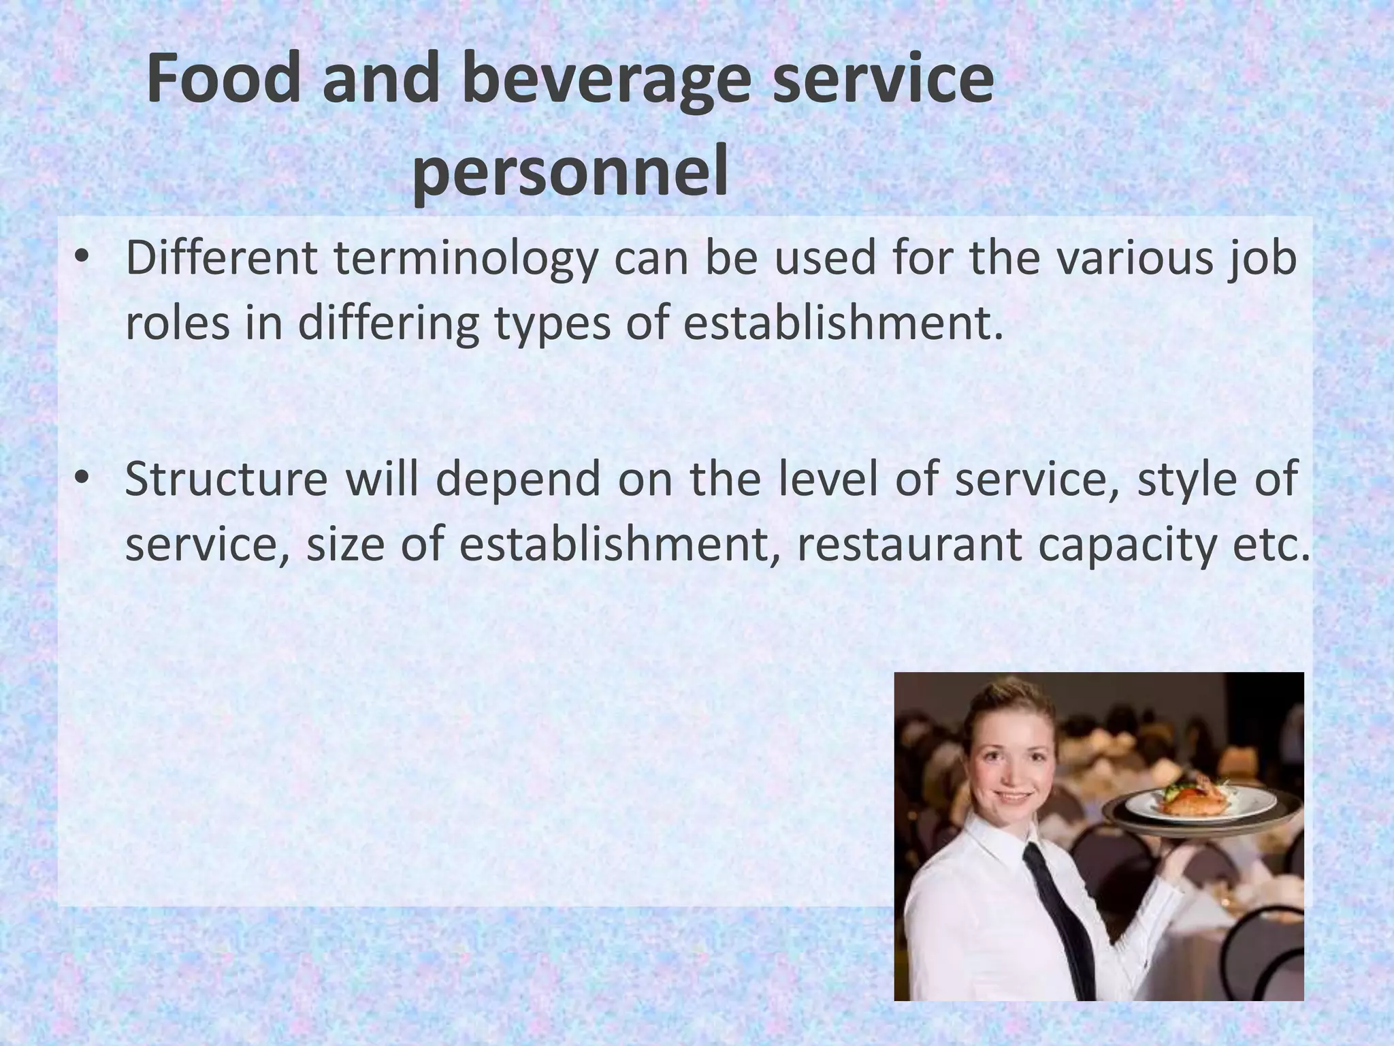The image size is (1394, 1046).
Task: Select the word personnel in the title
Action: [570, 173]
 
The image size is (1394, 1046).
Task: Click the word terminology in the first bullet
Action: [464, 260]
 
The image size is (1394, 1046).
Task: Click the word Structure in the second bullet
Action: [226, 479]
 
